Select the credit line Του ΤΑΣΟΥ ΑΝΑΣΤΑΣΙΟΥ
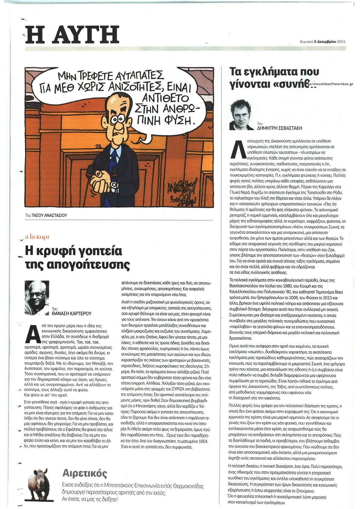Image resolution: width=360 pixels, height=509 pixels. coord(46,215)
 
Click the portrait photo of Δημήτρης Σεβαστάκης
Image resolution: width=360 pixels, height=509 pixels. coord(242,114)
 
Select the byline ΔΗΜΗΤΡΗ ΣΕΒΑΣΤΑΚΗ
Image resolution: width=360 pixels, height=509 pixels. coord(279,128)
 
